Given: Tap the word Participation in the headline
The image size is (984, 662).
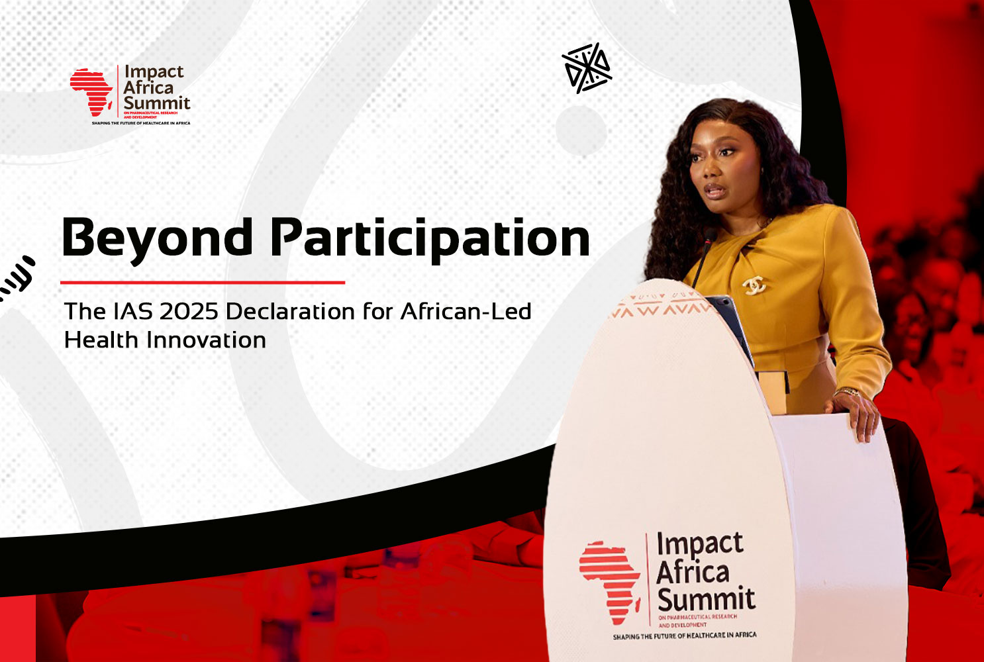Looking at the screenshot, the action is pyautogui.click(x=430, y=240).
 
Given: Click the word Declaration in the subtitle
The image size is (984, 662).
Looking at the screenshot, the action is pyautogui.click(x=291, y=311).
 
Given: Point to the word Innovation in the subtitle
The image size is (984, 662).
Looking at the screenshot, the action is pyautogui.click(x=207, y=340).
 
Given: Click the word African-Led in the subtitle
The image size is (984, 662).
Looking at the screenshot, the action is pyautogui.click(x=466, y=311).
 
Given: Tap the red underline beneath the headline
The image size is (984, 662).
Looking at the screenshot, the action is pyautogui.click(x=203, y=283).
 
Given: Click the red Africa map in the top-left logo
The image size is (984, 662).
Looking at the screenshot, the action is pyautogui.click(x=91, y=92).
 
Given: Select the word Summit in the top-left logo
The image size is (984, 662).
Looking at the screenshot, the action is pyautogui.click(x=156, y=103).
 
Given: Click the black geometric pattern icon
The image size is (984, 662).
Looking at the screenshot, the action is pyautogui.click(x=587, y=68).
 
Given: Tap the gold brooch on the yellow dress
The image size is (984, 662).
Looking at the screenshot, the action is pyautogui.click(x=754, y=285).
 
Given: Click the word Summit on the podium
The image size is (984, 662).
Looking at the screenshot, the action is pyautogui.click(x=706, y=598).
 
